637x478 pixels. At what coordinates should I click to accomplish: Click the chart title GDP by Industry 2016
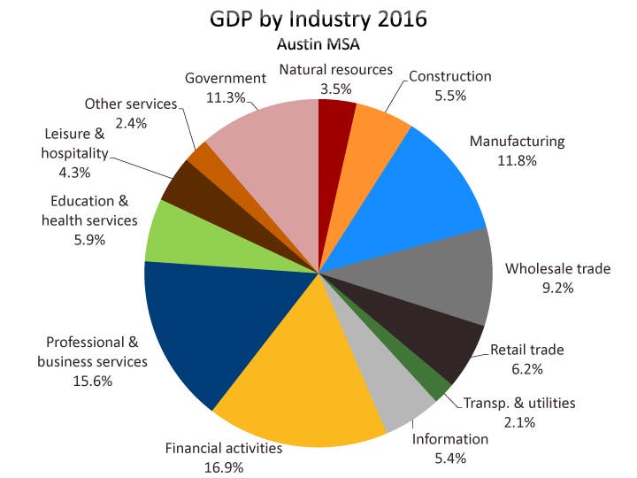tap(318, 19)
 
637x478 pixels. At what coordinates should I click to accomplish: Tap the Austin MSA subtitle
tap(318, 42)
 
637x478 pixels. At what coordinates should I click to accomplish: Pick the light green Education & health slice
tap(177, 234)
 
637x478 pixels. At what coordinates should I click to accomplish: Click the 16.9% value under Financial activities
tap(223, 466)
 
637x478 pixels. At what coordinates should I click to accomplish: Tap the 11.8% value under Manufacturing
tap(517, 160)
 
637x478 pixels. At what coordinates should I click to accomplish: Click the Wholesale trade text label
tap(557, 268)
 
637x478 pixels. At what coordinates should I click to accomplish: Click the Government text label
tap(226, 78)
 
